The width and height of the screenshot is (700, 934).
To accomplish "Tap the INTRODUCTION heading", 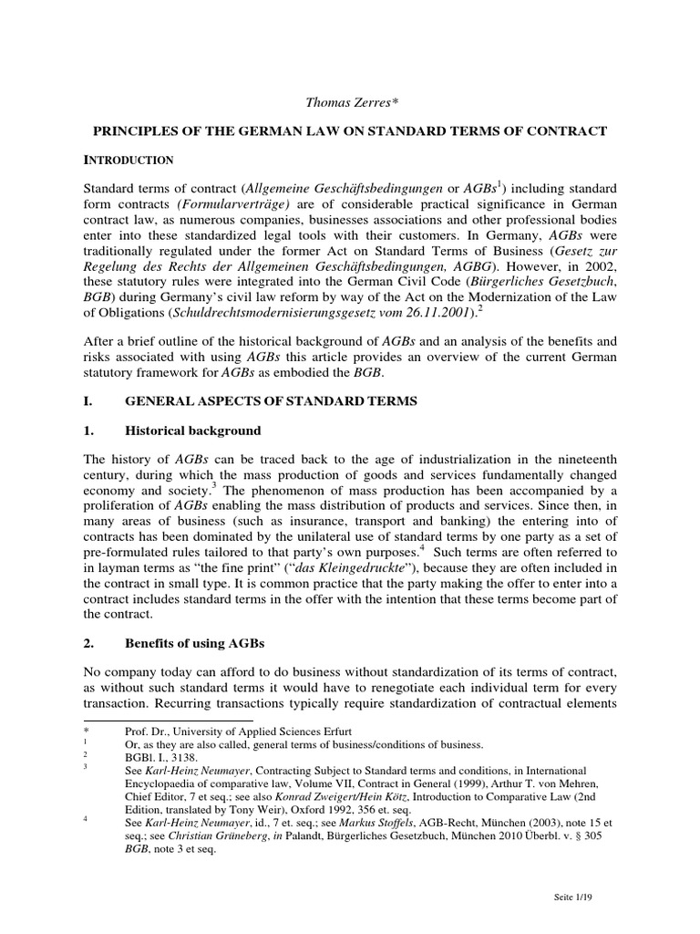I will pos(129,161).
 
